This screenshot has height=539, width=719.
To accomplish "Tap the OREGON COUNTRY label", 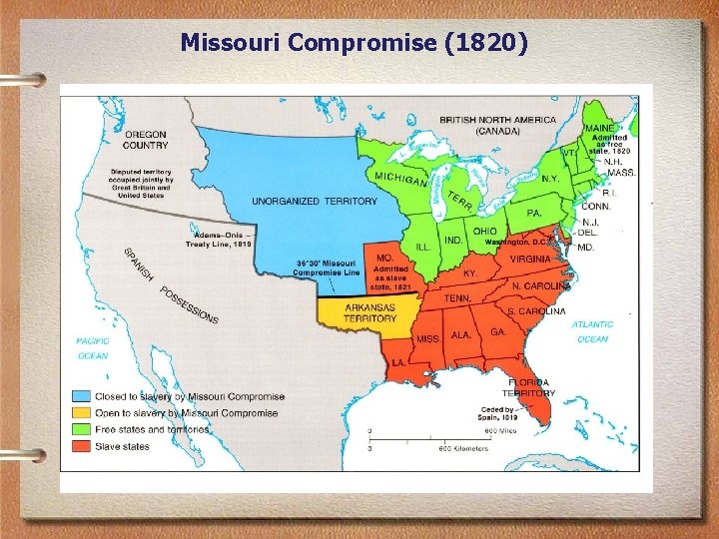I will pos(146,140).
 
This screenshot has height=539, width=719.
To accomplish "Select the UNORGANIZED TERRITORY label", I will pos(315,201).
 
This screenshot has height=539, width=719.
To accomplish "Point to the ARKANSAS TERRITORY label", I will pos(369,312).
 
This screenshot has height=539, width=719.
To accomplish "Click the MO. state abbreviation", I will pos(384,257).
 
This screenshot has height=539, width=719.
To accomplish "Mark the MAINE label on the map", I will pos(600,128).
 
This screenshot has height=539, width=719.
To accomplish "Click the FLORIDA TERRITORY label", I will pos(528,387).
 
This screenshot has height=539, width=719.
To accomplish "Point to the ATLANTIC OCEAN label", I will pos(592,331).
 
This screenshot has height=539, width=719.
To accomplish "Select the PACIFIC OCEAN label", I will pos(93,348).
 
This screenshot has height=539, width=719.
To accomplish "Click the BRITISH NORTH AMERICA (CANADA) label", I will pos(497,125).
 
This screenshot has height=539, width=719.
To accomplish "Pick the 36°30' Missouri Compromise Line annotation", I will pos(328,268).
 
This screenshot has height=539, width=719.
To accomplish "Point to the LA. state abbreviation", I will pos(398,361).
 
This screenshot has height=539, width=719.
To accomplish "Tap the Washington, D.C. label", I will pos(517,242).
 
